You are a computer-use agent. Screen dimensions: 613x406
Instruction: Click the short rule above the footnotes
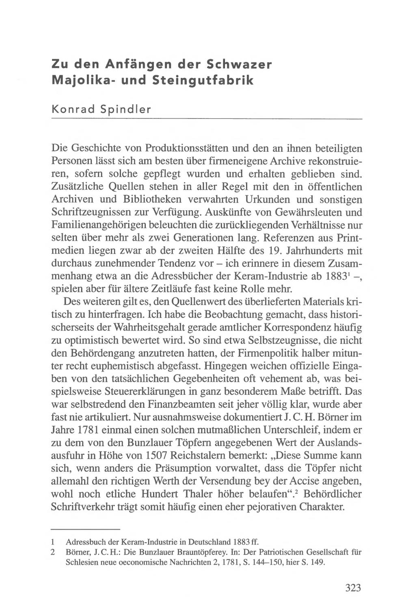pyautogui.click(x=86, y=529)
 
